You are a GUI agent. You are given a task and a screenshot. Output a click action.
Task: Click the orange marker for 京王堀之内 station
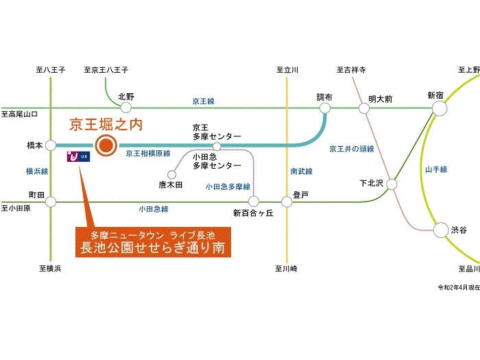(106, 145)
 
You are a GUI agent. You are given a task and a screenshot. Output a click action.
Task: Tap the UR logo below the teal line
(78, 156)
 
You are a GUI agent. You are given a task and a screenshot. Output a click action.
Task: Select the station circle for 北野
(125, 108)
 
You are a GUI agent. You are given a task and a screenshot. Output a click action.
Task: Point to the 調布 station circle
(325, 108)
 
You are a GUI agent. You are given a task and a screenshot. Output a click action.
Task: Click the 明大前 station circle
(364, 108)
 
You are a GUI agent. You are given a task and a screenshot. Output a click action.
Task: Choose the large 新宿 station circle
(440, 108)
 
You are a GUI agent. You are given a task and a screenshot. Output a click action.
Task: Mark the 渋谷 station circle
(441, 230)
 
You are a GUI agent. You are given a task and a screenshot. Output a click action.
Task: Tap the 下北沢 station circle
(392, 184)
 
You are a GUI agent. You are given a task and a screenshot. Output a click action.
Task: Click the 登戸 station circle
(287, 202)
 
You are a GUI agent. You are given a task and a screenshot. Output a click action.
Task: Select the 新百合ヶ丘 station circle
(254, 202)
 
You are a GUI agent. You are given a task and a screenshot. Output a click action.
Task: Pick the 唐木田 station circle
(172, 175)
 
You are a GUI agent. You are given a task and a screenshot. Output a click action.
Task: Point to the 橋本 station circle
(51, 145)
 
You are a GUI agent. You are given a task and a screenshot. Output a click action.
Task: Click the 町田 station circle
(51, 202)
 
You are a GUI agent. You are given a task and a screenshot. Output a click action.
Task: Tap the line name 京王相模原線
(148, 154)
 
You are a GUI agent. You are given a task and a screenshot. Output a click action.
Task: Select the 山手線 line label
(436, 169)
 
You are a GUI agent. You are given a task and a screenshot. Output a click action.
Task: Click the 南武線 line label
(302, 171)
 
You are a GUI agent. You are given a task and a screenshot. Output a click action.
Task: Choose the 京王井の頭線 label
(352, 149)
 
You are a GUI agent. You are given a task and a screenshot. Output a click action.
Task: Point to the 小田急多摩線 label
(228, 187)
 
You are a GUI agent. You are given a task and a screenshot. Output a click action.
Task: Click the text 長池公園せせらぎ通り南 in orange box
(153, 248)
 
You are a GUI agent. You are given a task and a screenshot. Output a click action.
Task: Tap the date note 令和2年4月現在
(459, 287)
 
